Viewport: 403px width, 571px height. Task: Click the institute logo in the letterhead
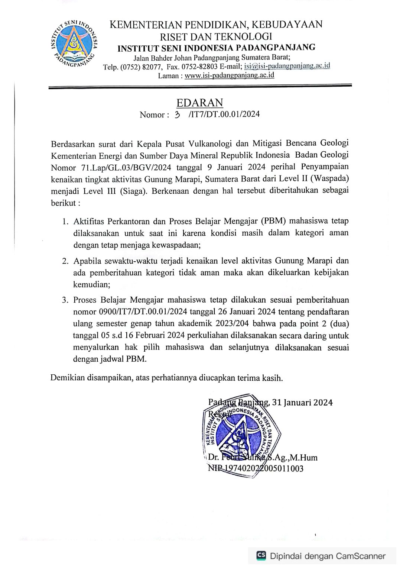click(x=74, y=44)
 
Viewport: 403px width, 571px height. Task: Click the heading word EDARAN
click(x=200, y=103)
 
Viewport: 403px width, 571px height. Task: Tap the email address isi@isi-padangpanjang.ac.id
click(x=287, y=66)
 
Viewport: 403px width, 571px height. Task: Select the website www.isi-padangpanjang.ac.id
click(x=229, y=75)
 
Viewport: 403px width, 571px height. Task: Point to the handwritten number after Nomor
click(x=178, y=114)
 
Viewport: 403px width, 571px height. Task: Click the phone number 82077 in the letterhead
click(x=151, y=67)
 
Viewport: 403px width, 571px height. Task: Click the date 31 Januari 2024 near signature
click(x=302, y=402)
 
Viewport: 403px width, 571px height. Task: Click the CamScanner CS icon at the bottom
click(x=261, y=555)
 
